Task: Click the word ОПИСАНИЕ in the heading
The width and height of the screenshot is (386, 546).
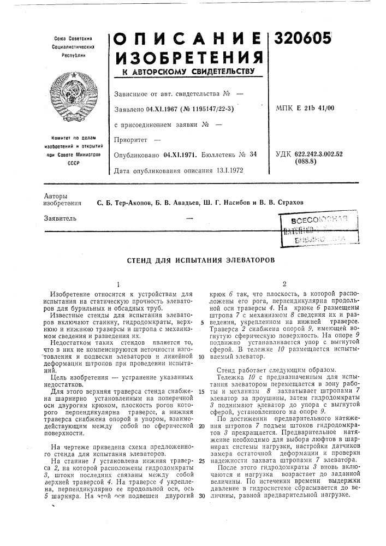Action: (x=186, y=38)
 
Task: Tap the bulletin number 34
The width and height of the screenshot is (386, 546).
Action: (x=253, y=155)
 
